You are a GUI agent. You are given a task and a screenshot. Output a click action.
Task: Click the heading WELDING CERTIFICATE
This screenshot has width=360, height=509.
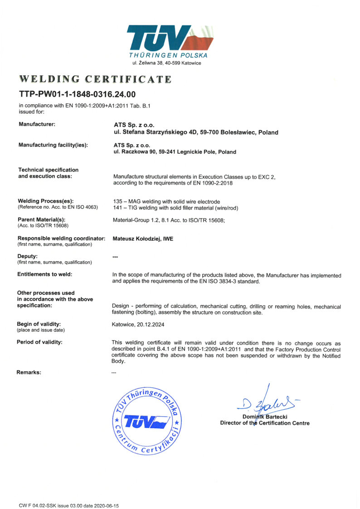[95, 79]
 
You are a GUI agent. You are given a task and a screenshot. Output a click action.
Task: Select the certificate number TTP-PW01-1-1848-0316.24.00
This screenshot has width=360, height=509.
[77, 94]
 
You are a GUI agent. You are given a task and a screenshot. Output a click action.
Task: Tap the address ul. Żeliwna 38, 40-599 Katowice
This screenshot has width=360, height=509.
[166, 63]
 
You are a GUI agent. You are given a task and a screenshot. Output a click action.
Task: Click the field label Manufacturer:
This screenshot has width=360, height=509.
[37, 124]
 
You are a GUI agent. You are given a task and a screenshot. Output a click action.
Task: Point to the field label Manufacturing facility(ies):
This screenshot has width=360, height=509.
[53, 145]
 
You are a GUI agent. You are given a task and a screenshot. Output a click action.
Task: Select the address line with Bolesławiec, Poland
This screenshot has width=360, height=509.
[195, 132]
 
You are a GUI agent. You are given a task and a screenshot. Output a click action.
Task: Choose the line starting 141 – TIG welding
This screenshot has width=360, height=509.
[175, 208]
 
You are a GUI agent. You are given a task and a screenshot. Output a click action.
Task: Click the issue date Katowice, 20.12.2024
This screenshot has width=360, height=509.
[141, 324]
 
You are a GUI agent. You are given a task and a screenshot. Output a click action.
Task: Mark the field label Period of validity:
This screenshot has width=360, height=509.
[39, 342]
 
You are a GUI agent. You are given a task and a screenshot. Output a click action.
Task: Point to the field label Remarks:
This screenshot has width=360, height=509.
[29, 372]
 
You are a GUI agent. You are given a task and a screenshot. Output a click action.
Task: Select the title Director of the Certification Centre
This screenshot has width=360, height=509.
[265, 423]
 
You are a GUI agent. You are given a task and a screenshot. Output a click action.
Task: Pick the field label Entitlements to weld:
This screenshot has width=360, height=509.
[44, 274]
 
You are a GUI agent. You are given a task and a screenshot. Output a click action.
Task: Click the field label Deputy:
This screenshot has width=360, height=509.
[27, 256]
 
